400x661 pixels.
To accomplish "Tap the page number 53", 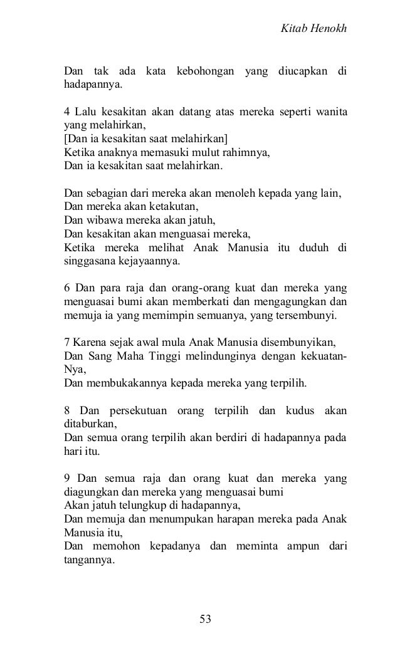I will (205, 619).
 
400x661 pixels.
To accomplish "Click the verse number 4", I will (68, 113).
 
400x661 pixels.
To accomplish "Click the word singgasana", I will (89, 261).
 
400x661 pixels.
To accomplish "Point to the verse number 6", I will (68, 289).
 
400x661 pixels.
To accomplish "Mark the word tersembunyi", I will (308, 316).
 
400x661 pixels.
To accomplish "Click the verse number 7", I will (68, 344).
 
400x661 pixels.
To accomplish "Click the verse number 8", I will (68, 412).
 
